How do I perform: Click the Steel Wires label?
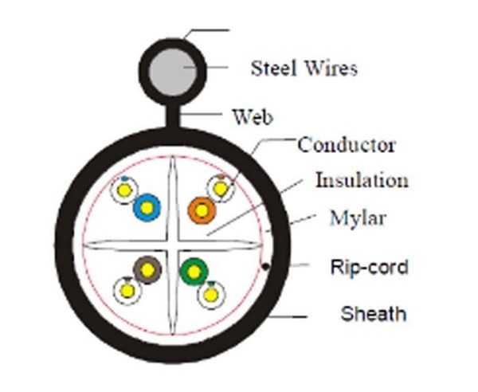click(x=304, y=68)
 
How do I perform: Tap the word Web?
click(x=253, y=118)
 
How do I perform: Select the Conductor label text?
click(x=347, y=145)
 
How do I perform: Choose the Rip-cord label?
click(x=368, y=266)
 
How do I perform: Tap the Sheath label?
click(x=373, y=313)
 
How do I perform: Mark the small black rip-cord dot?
click(x=263, y=269)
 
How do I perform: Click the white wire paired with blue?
click(x=123, y=190)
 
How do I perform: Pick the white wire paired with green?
click(x=211, y=294)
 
